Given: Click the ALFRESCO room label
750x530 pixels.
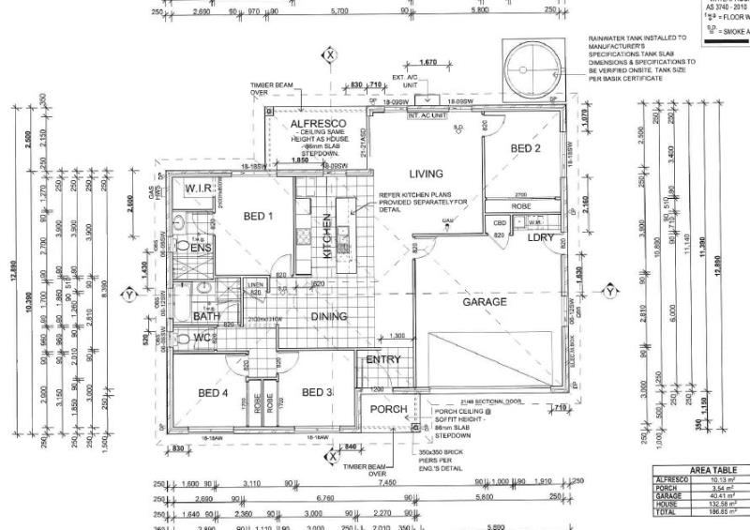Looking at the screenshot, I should point(318,124).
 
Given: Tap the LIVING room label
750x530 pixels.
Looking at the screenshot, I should point(425,174).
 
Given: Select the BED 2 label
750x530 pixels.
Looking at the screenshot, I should point(525,148).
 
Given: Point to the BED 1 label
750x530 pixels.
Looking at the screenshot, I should point(258,217).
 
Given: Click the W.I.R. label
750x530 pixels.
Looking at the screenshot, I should point(200,189).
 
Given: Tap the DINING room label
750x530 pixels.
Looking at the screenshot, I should point(328,317).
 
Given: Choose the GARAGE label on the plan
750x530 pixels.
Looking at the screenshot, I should point(485,302).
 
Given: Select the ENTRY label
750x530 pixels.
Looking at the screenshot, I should point(383,359).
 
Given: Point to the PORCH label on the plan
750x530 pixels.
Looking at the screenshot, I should point(388,409).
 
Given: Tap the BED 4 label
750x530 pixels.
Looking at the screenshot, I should point(214,392).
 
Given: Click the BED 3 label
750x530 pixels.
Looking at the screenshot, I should point(317,392).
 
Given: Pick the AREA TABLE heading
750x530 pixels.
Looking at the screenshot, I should point(712,470).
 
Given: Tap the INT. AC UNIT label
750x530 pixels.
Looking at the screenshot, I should point(425,114).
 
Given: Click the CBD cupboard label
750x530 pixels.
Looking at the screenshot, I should point(500,222).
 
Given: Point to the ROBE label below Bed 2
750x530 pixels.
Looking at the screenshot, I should point(521,205).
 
